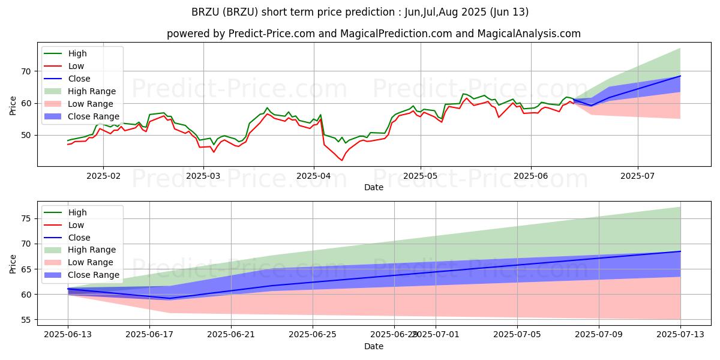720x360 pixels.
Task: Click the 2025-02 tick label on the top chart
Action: coord(103,176)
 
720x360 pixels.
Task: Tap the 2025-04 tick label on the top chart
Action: coord(313,176)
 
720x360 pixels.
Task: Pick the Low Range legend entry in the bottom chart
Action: coord(91,262)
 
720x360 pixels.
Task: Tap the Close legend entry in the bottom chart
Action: coord(79,238)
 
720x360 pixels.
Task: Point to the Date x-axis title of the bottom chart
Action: coord(374,347)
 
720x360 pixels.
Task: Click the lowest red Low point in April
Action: coord(342,160)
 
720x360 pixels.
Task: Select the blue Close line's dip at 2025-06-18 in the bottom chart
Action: coord(170,298)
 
